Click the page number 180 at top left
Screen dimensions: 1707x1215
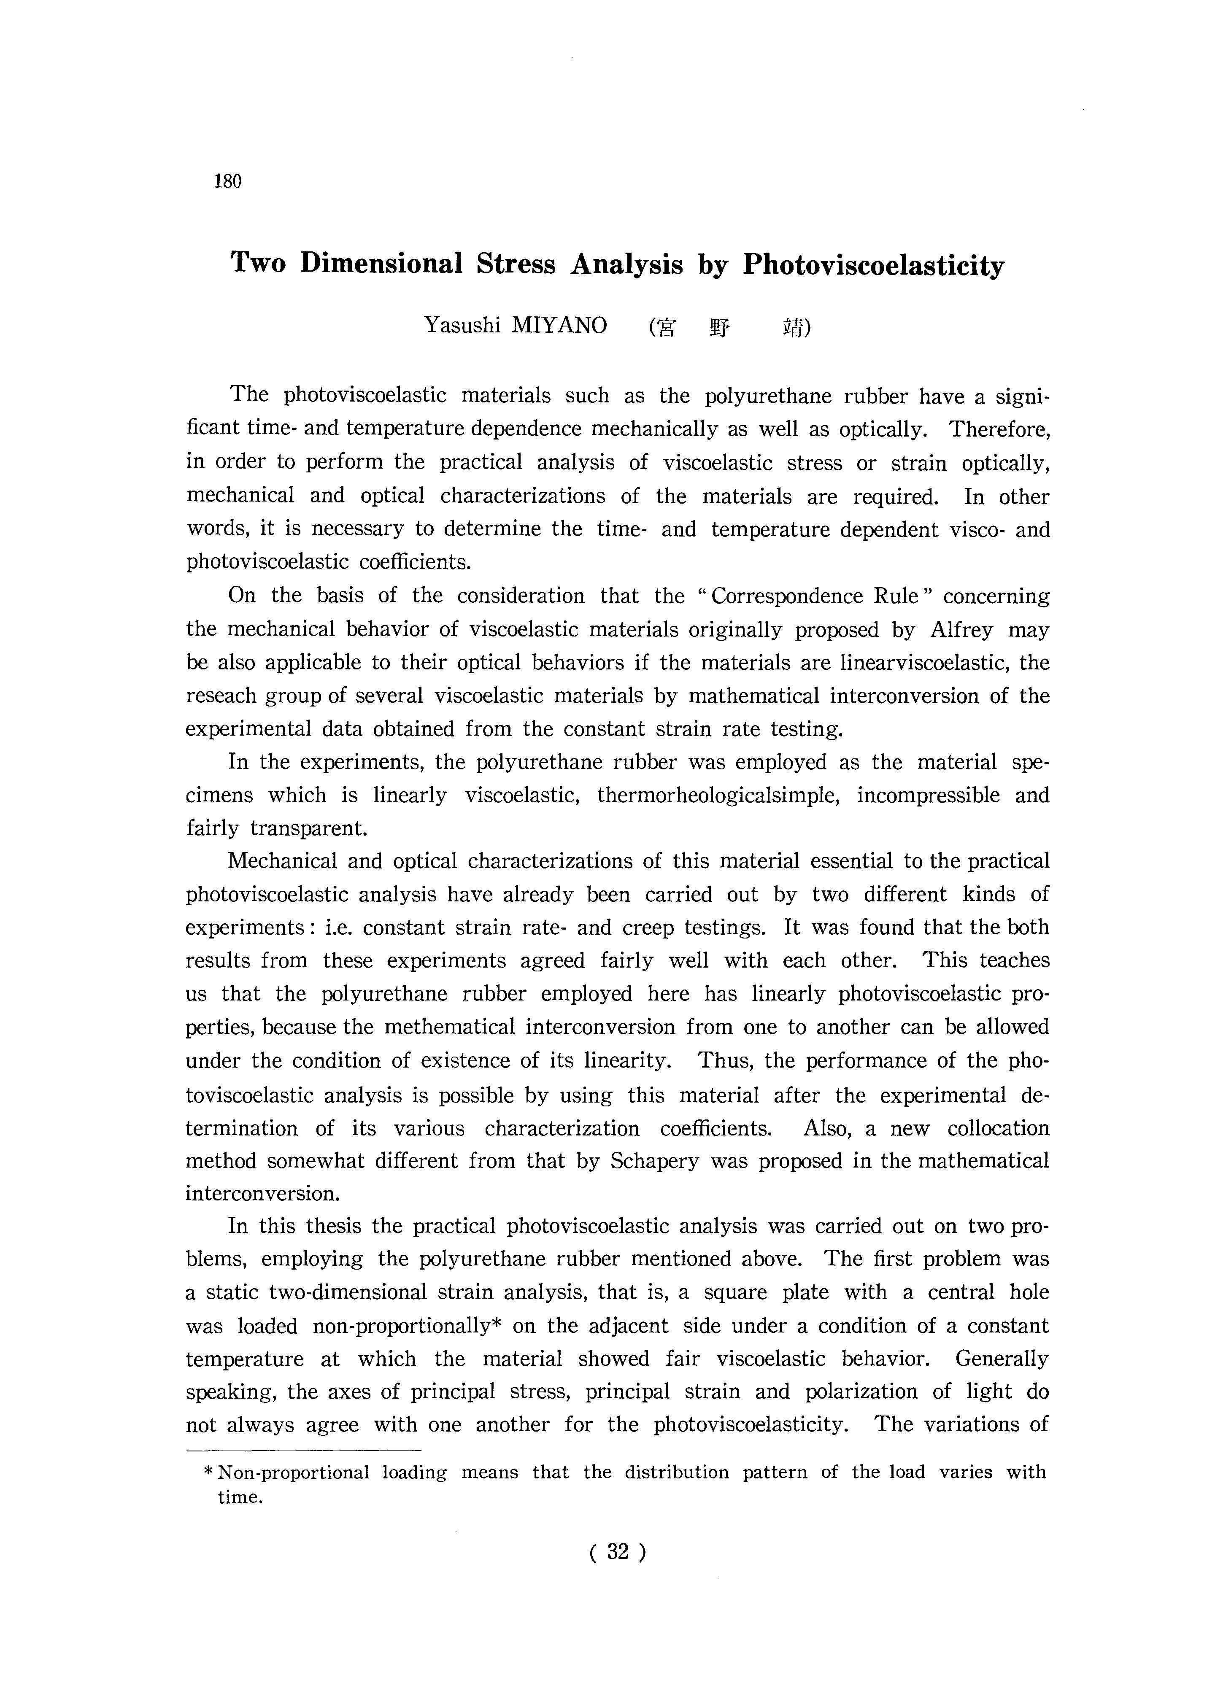click(x=227, y=181)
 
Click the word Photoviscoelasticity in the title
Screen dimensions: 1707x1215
click(x=873, y=266)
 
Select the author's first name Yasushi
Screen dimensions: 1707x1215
click(x=462, y=325)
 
